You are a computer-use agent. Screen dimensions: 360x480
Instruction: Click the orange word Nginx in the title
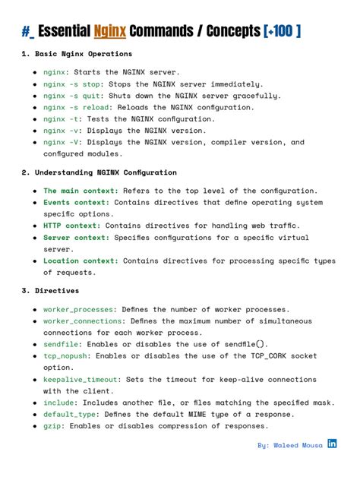[110, 31]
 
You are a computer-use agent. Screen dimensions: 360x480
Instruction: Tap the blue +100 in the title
[283, 31]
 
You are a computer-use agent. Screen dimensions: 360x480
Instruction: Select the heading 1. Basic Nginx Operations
[77, 54]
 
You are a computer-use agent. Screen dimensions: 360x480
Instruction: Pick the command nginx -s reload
[74, 107]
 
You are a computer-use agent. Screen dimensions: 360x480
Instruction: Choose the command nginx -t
[62, 119]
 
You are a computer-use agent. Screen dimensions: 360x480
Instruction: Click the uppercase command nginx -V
[62, 142]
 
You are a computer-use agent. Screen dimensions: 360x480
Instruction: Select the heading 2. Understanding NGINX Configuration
[99, 172]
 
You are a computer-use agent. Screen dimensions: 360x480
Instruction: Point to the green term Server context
[76, 238]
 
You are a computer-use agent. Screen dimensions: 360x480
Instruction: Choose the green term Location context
[81, 261]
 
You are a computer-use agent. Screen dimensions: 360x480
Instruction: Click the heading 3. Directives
[50, 291]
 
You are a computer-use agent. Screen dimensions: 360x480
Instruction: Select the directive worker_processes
[78, 309]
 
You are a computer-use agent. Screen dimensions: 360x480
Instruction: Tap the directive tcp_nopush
[65, 355]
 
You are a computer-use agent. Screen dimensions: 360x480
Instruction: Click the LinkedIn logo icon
[332, 444]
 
